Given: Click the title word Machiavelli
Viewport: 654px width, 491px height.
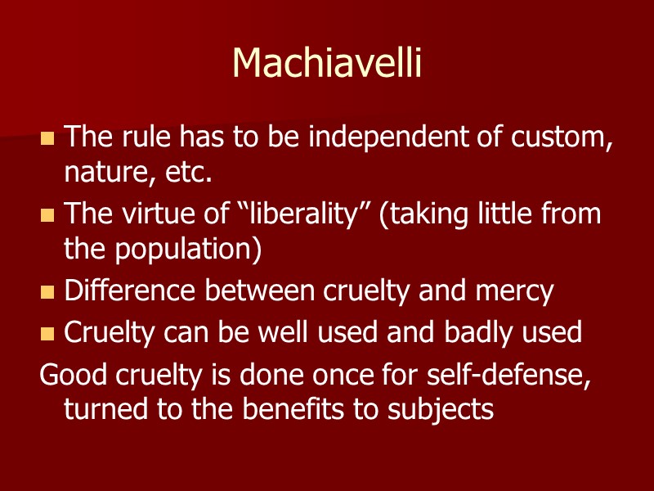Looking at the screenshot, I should pyautogui.click(x=327, y=63).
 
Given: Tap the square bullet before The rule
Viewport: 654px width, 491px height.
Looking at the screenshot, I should pyautogui.click(x=47, y=138).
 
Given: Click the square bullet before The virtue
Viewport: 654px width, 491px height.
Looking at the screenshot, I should pyautogui.click(x=47, y=215).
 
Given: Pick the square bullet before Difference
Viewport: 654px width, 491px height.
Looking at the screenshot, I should pyautogui.click(x=47, y=292).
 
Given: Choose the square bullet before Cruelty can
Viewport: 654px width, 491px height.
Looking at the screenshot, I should pyautogui.click(x=47, y=333).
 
